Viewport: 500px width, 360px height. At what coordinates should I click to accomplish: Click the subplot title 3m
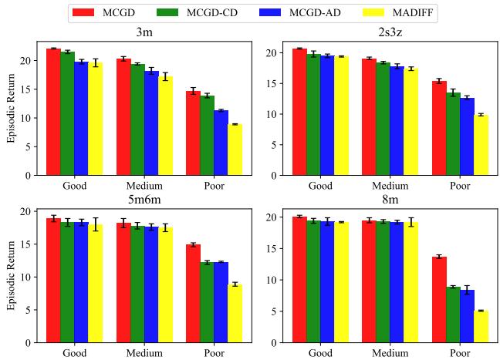[x=144, y=33]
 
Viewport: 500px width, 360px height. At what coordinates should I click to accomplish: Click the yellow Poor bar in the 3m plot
[x=235, y=150]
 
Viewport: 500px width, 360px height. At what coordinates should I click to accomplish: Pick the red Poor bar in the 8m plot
[x=439, y=299]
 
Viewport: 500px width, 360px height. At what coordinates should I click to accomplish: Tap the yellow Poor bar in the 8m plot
[x=481, y=326]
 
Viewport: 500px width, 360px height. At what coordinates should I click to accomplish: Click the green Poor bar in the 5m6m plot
[x=206, y=302]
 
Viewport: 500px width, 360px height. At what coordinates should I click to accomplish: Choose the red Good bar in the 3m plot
[x=53, y=112]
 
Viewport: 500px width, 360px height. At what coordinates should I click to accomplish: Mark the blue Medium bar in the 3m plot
[x=151, y=123]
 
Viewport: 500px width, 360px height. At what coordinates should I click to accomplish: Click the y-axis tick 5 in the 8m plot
[x=279, y=311]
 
